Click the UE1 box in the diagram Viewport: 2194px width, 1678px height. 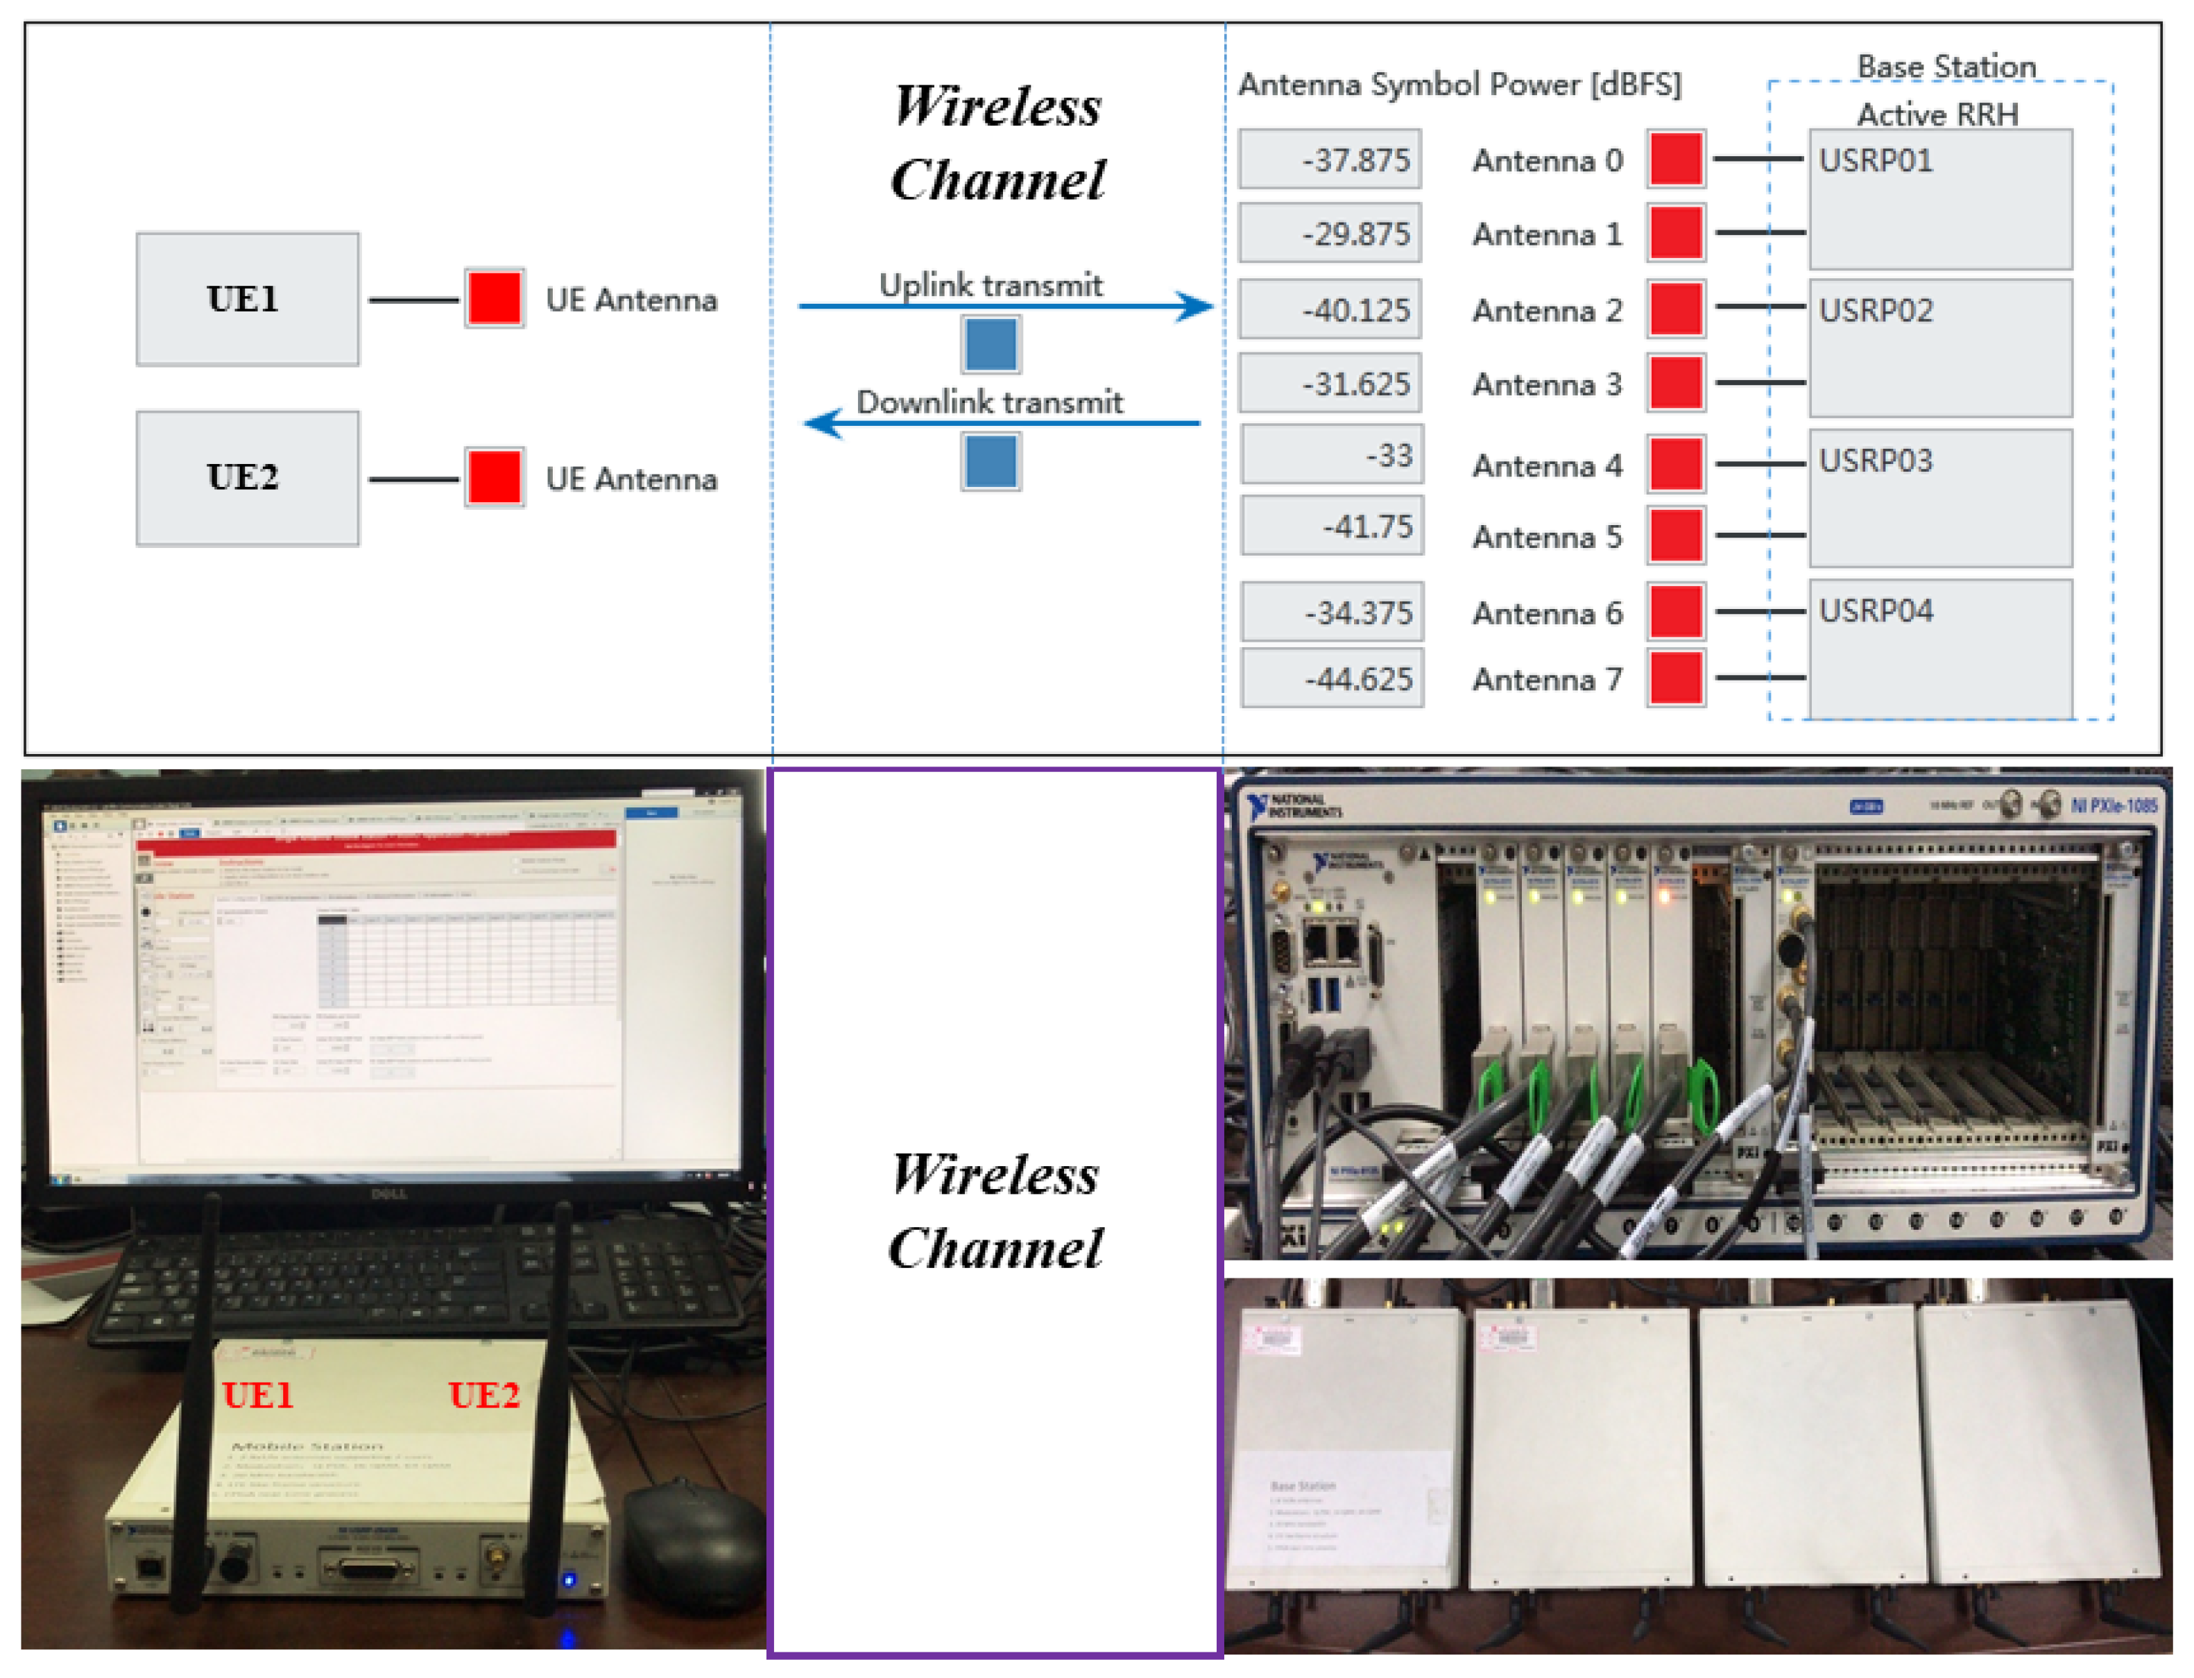pos(247,299)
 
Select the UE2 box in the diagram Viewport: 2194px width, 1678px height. pos(247,477)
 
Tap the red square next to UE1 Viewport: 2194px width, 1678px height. pos(493,298)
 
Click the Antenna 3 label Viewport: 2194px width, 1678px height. pos(1546,384)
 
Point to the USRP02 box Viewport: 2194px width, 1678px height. pos(1939,348)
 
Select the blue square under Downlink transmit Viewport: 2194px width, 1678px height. pos(990,461)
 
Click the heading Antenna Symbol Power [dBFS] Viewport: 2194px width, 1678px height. pos(1459,84)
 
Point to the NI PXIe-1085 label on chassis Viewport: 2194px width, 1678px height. pos(2112,805)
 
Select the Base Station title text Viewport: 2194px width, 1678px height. pos(1946,66)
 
